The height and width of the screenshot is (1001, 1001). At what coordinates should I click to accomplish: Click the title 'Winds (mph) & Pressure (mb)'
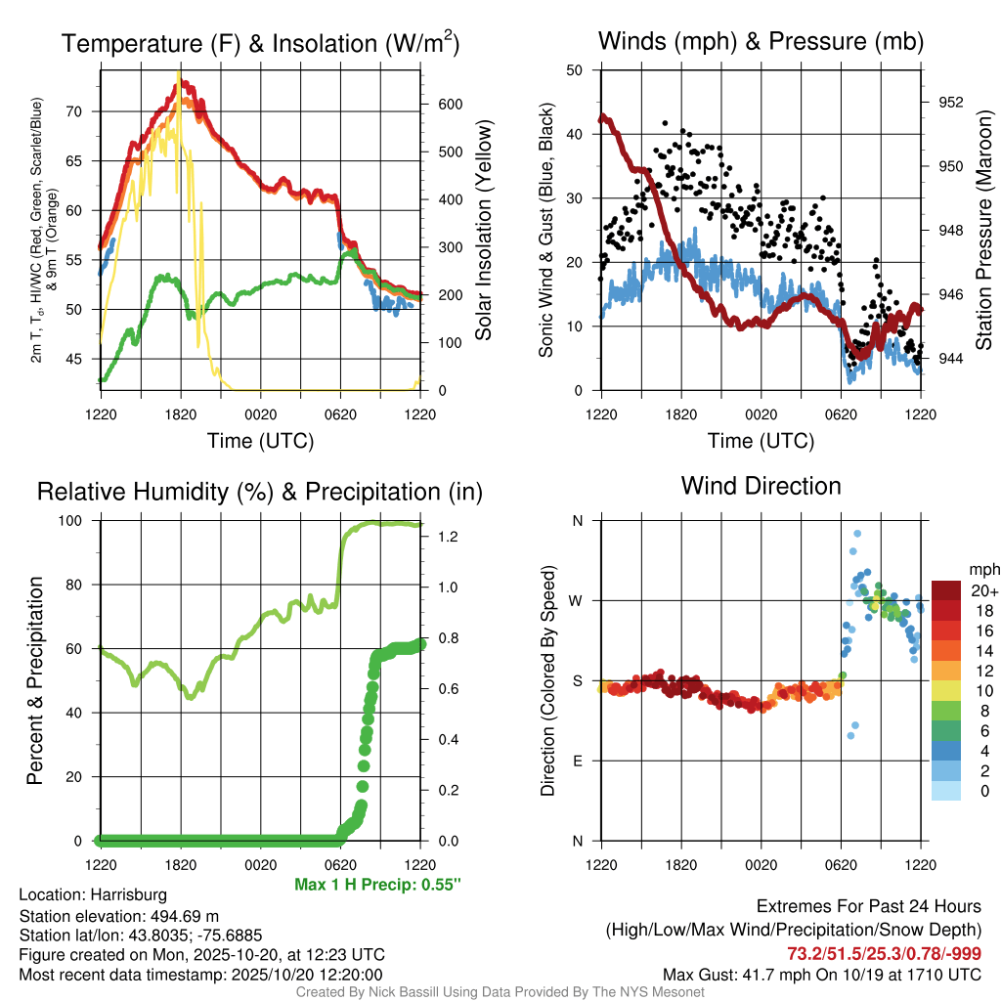(x=761, y=42)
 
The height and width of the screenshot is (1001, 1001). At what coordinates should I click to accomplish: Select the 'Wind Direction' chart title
(x=761, y=486)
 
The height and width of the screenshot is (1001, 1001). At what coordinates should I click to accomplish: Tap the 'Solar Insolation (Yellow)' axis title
(x=483, y=230)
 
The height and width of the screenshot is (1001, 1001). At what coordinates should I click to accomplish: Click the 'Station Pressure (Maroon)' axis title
(x=983, y=230)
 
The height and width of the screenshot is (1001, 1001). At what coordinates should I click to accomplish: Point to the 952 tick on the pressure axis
(x=950, y=102)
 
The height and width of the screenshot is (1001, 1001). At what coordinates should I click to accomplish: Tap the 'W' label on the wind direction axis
(x=577, y=600)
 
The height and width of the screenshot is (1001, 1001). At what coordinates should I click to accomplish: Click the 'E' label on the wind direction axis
(x=577, y=761)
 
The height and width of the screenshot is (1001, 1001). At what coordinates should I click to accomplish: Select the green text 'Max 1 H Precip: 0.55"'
(x=377, y=885)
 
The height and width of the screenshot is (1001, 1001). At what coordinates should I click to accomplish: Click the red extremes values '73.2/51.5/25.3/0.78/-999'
(x=884, y=953)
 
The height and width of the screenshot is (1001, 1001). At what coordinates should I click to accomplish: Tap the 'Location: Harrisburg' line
(x=93, y=894)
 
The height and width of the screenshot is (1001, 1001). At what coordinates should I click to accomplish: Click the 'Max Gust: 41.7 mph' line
(x=821, y=974)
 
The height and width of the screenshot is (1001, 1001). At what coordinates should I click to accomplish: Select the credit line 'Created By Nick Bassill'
(x=500, y=991)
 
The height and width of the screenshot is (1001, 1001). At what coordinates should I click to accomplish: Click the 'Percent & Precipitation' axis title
(x=34, y=680)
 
